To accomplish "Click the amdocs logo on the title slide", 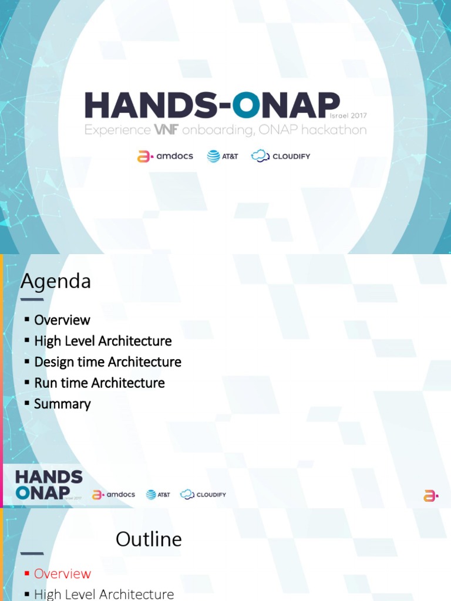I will coord(165,157).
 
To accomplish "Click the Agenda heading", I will coord(56,282).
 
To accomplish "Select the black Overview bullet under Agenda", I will coord(62,320).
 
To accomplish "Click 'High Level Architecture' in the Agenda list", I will coord(103,341).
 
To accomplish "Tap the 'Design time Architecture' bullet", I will coord(107,362).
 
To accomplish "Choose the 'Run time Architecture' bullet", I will coord(99,383).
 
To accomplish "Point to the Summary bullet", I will coord(62,404).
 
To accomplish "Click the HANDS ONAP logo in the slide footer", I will coord(49,485).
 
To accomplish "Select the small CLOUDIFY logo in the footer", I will coord(203,495).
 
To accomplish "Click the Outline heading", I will coord(149,539).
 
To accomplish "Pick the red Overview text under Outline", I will coord(62,573).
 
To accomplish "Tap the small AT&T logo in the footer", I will coord(158,495).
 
